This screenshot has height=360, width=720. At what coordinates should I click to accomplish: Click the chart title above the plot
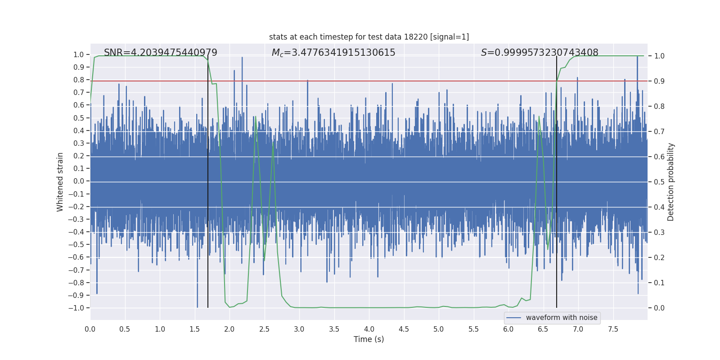click(369, 37)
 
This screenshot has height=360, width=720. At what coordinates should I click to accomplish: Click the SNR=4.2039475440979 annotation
click(161, 53)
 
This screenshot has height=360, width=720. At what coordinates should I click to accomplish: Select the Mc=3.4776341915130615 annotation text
click(333, 53)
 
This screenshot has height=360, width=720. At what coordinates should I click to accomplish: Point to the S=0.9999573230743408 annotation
click(540, 53)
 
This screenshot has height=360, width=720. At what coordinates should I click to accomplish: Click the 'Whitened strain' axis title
click(60, 182)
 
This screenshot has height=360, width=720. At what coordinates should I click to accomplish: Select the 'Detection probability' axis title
click(670, 182)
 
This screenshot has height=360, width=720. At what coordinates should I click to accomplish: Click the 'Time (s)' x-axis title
click(369, 339)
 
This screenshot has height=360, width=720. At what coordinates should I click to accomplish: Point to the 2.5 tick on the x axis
click(264, 329)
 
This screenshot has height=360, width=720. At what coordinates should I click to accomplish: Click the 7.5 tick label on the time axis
click(613, 329)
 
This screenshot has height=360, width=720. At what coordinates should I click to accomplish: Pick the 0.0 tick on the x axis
click(90, 329)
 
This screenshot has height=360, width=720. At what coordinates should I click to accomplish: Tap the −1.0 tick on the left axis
click(76, 308)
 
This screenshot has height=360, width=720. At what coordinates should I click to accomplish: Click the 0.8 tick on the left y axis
click(79, 80)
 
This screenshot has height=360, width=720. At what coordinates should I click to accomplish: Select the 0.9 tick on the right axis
click(659, 81)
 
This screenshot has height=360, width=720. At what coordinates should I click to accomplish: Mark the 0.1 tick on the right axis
click(659, 283)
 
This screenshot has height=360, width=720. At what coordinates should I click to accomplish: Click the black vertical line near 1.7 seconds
click(208, 180)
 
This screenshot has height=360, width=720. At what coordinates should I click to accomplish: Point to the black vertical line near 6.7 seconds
click(557, 180)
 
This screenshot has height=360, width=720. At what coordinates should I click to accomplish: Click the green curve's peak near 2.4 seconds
click(256, 117)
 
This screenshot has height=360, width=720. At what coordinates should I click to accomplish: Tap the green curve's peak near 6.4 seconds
click(539, 117)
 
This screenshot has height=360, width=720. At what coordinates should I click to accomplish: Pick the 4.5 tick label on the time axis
click(404, 329)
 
